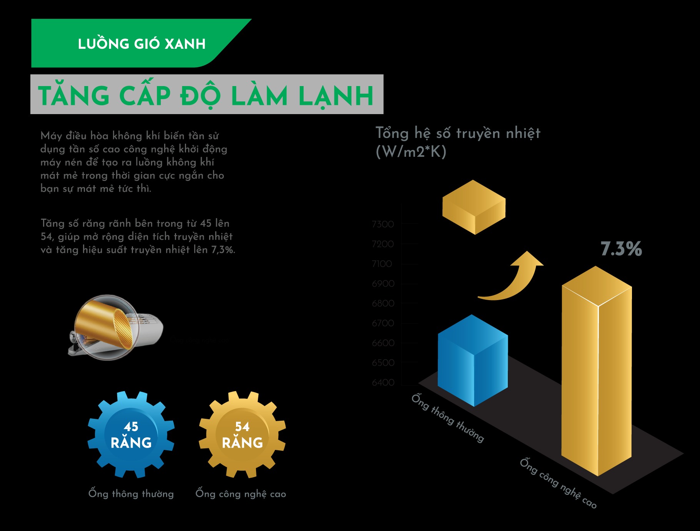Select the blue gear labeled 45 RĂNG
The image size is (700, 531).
tap(131, 435)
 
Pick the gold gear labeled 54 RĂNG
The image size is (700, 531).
tap(242, 435)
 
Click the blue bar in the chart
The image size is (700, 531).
tap(473, 361)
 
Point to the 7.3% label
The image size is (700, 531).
tap(621, 249)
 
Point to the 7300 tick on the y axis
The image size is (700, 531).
tap(383, 224)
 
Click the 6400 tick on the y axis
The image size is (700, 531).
tap(383, 382)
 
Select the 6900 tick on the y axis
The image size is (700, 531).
tap(383, 284)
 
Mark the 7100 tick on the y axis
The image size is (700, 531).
tap(382, 264)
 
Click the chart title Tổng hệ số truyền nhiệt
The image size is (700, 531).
tap(457, 133)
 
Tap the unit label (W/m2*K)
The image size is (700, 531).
tap(411, 152)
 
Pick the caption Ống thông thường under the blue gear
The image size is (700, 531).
tap(131, 493)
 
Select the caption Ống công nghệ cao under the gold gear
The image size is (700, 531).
tap(241, 493)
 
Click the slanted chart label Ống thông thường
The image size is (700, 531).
tap(447, 418)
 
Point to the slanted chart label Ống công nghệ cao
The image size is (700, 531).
tap(558, 483)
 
